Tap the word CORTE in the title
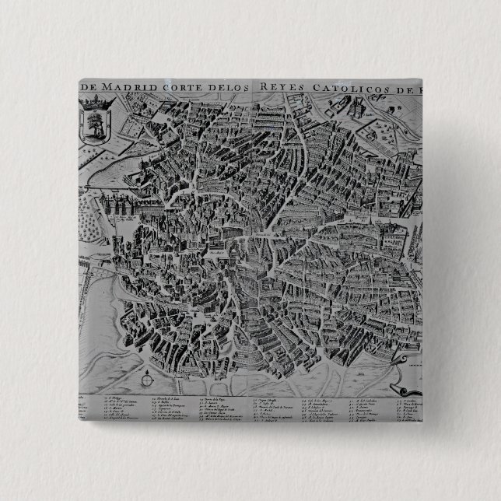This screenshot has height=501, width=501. [x=181, y=86]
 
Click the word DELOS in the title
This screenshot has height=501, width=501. [x=230, y=86]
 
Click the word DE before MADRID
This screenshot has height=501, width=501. [x=89, y=86]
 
